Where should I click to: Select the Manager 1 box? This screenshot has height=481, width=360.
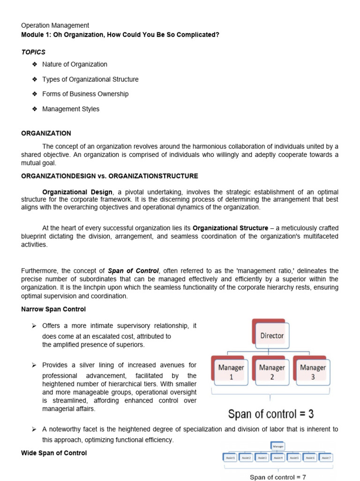pyautogui.click(x=231, y=371)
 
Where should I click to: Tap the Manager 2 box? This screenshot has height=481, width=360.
pyautogui.click(x=272, y=371)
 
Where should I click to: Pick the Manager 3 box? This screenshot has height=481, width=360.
pyautogui.click(x=313, y=371)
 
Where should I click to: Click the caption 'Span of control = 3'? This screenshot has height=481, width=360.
pyautogui.click(x=270, y=414)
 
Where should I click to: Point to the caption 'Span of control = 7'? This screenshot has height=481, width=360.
pyautogui.click(x=278, y=477)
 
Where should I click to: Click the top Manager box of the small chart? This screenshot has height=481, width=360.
pyautogui.click(x=278, y=446)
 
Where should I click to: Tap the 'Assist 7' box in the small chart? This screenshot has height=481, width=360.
pyautogui.click(x=326, y=457)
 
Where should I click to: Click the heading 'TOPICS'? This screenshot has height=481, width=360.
pyautogui.click(x=33, y=52)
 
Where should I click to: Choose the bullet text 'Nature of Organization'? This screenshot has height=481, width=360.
pyautogui.click(x=75, y=64)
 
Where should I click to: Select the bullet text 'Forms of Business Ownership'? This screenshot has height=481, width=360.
pyautogui.click(x=85, y=94)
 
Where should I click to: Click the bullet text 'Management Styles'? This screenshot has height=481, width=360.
pyautogui.click(x=71, y=109)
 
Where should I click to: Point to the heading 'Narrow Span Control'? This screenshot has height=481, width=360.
pyautogui.click(x=53, y=310)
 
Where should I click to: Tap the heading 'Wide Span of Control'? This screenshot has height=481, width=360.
pyautogui.click(x=54, y=453)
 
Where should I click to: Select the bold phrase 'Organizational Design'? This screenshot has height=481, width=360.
pyautogui.click(x=77, y=192)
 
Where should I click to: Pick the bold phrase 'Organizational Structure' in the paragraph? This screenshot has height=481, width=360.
pyautogui.click(x=231, y=228)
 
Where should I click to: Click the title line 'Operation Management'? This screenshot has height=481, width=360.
pyautogui.click(x=55, y=25)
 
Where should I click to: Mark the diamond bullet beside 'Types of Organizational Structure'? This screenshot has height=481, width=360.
pyautogui.click(x=34, y=79)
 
